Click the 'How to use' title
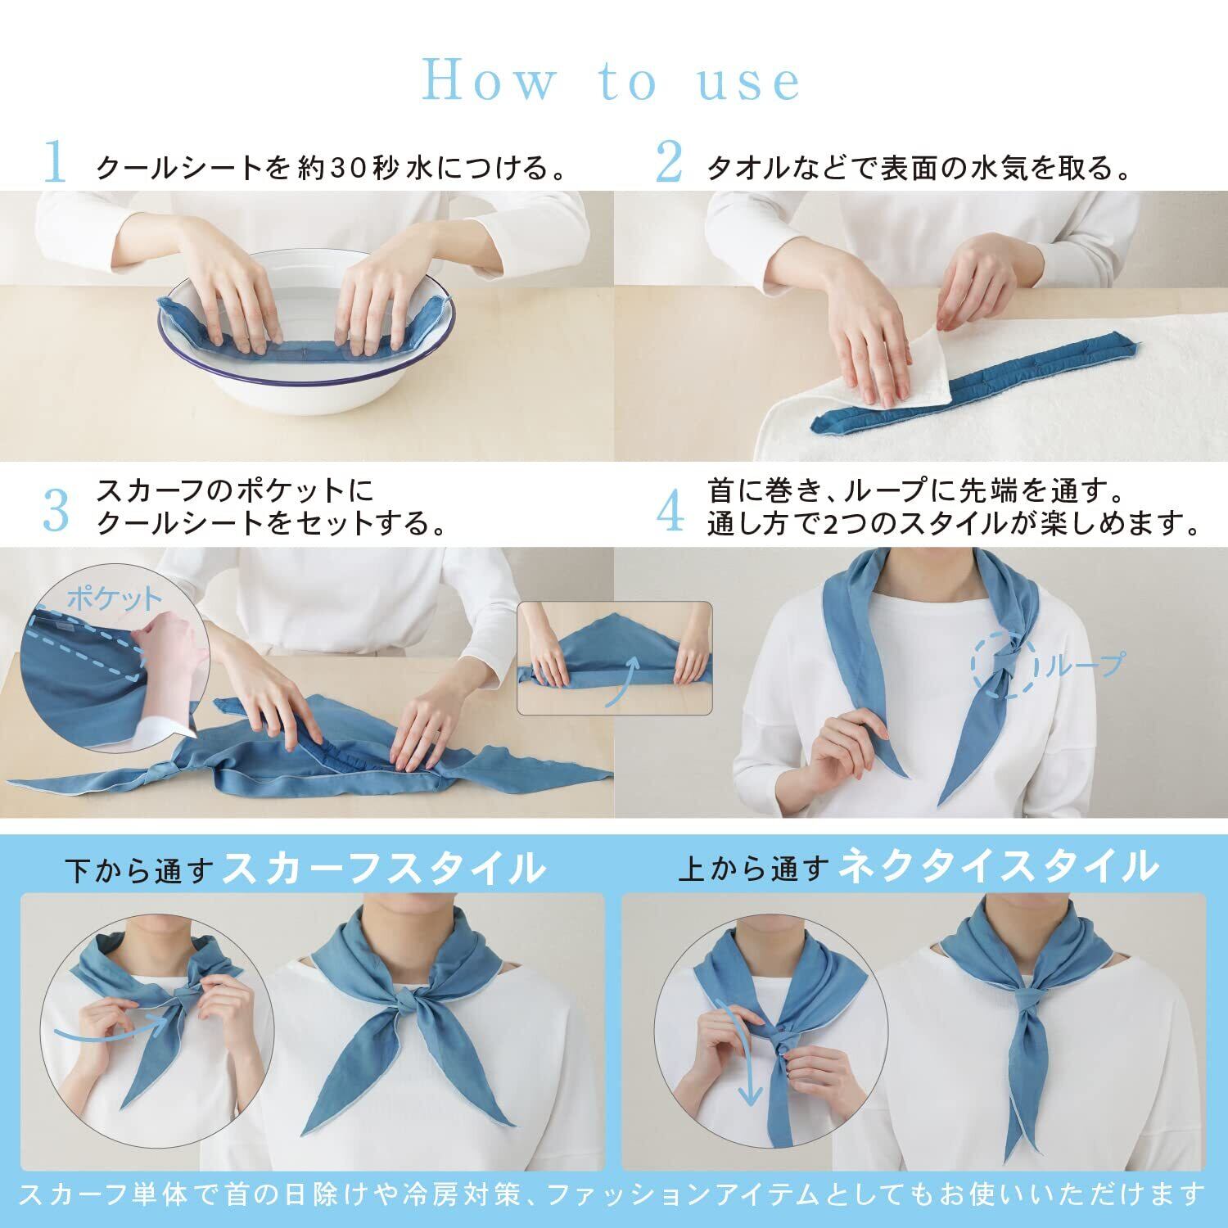612,80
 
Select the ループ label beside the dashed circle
1081,664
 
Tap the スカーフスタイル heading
384,867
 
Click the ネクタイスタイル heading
1000,867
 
